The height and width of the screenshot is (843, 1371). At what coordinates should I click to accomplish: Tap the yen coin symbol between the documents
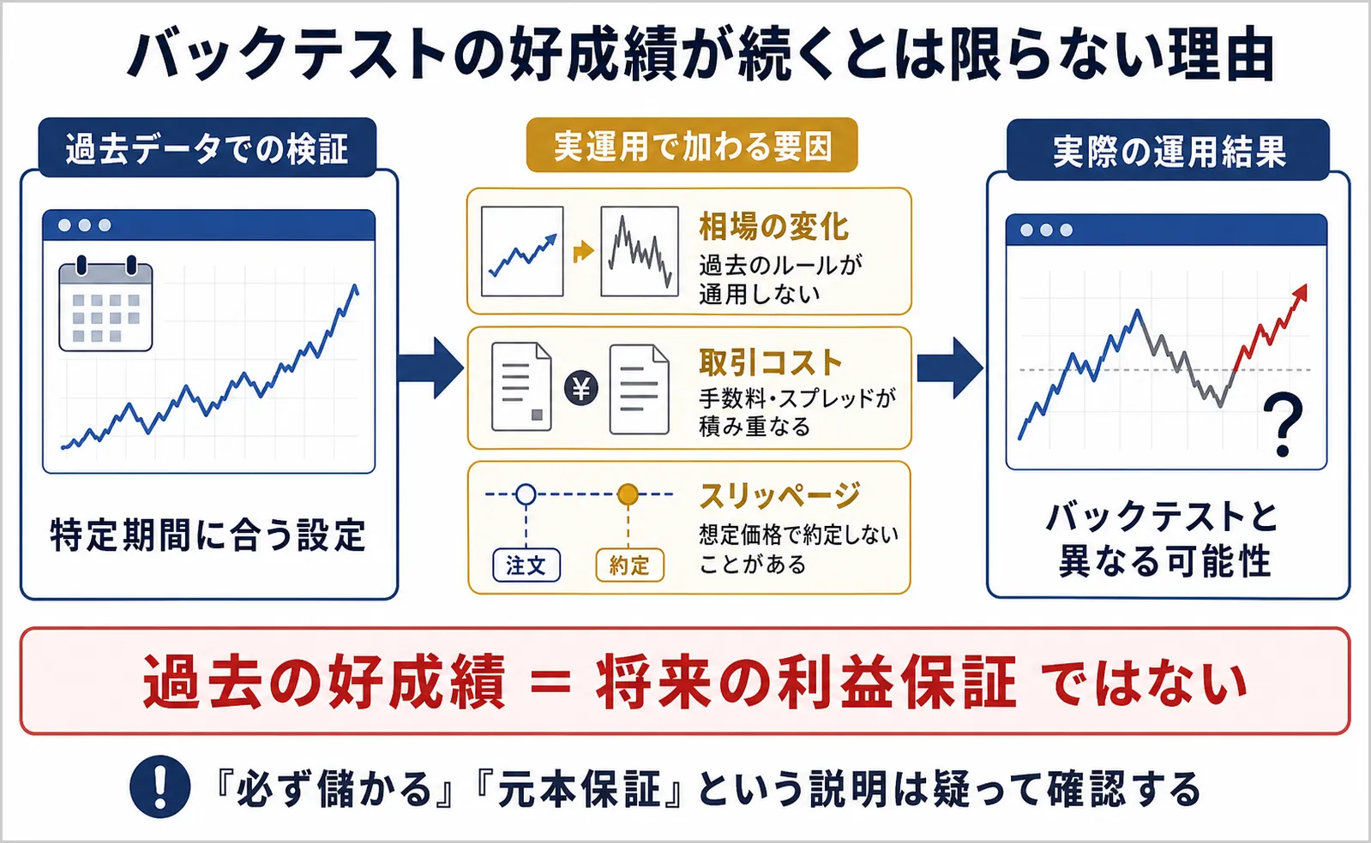pyautogui.click(x=580, y=389)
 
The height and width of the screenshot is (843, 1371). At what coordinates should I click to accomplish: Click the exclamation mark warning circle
pyautogui.click(x=159, y=786)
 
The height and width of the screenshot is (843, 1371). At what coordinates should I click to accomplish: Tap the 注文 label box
pyautogui.click(x=526, y=565)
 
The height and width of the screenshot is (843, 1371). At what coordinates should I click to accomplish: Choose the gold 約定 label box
pyautogui.click(x=630, y=565)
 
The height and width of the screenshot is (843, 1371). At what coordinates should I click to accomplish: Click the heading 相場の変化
pyautogui.click(x=773, y=227)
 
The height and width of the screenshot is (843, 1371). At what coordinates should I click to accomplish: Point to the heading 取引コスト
pyautogui.click(x=771, y=362)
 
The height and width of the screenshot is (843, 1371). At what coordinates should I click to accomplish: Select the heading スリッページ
pyautogui.click(x=779, y=496)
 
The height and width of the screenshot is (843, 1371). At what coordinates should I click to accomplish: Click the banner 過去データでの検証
pyautogui.click(x=207, y=148)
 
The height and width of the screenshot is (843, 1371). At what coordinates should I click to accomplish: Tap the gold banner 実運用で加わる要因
pyautogui.click(x=692, y=146)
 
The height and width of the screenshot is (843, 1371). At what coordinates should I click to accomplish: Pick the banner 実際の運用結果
pyautogui.click(x=1169, y=150)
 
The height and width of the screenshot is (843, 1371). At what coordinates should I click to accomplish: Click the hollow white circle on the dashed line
pyautogui.click(x=526, y=494)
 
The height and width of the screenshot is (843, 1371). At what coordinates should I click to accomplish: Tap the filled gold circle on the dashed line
pyautogui.click(x=628, y=494)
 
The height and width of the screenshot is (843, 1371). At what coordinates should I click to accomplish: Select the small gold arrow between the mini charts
pyautogui.click(x=583, y=251)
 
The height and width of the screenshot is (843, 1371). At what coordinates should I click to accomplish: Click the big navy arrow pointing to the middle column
pyautogui.click(x=431, y=368)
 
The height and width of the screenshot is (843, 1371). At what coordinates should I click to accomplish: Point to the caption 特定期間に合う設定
pyautogui.click(x=208, y=535)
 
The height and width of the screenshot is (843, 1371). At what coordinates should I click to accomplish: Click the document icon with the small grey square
pyautogui.click(x=521, y=386)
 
